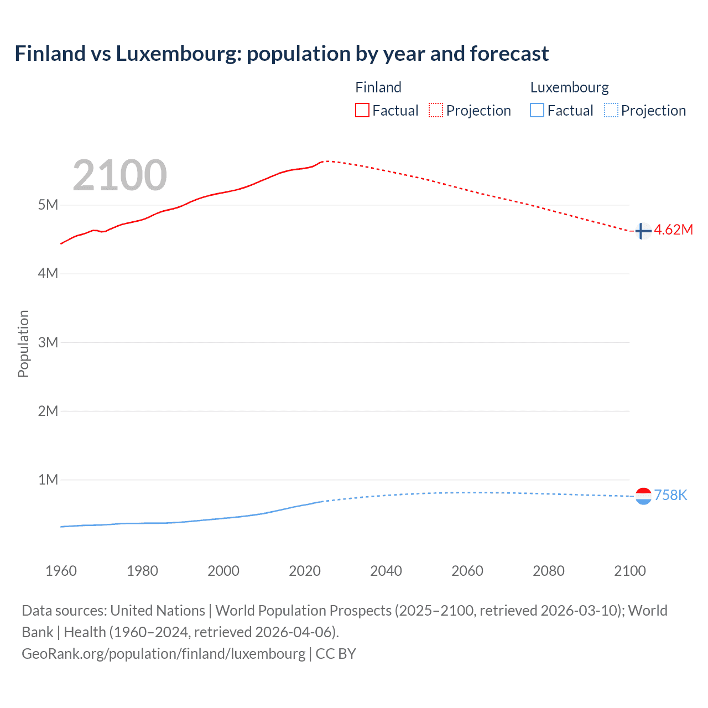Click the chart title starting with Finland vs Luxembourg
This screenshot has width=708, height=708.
(x=282, y=54)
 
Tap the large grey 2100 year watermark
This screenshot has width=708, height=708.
(x=119, y=175)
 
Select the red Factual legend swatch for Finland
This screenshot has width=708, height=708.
(x=362, y=110)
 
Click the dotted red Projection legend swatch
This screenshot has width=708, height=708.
(x=436, y=110)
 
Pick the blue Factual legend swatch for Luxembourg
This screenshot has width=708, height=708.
(x=537, y=110)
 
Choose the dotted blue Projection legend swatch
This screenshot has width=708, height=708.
(x=611, y=110)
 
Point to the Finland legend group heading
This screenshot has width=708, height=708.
(x=378, y=87)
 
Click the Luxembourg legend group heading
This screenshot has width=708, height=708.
(x=569, y=87)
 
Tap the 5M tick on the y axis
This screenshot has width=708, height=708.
(x=48, y=205)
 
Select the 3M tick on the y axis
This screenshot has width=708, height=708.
(x=48, y=342)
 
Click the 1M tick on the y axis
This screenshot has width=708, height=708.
(x=48, y=480)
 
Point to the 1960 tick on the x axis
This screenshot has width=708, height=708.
(x=61, y=571)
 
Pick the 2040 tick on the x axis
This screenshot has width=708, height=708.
(x=386, y=571)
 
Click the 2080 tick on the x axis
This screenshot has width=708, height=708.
(x=549, y=571)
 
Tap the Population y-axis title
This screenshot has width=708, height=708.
(x=23, y=343)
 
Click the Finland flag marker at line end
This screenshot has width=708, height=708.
(x=643, y=231)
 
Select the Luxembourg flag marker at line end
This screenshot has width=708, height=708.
(x=643, y=496)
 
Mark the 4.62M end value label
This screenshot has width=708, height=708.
(x=673, y=230)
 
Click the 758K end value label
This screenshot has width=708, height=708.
(x=670, y=495)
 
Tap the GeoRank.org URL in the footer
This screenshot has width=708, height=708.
(x=163, y=653)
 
